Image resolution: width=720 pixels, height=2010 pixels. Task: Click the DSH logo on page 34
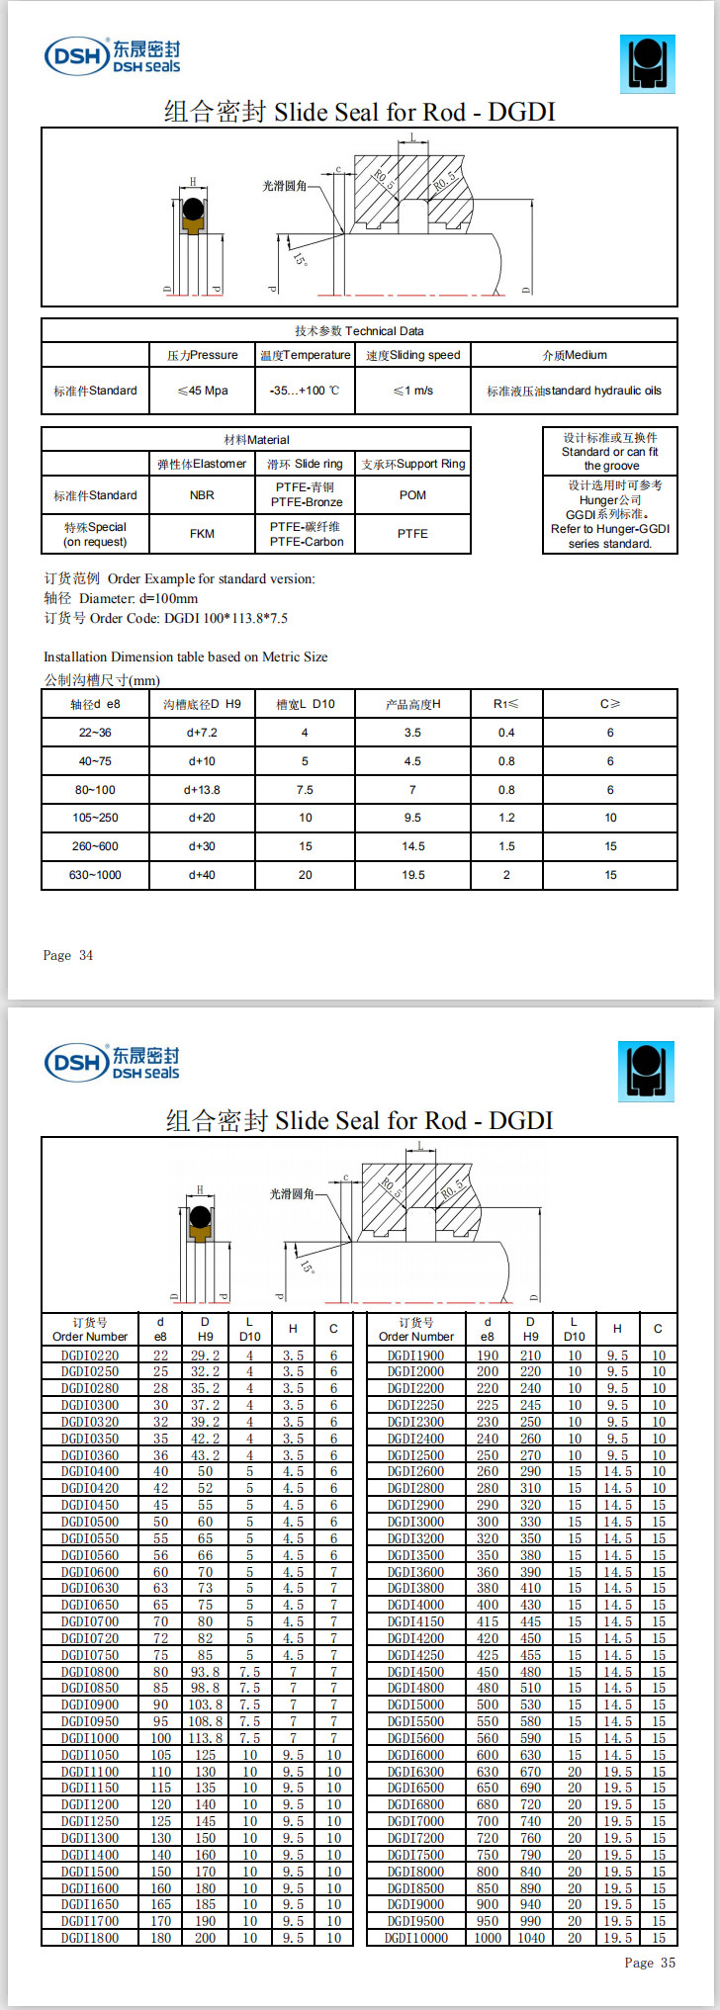click(112, 56)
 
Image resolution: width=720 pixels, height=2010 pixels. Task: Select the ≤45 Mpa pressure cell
click(202, 391)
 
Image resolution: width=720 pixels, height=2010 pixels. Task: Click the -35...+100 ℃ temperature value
click(305, 391)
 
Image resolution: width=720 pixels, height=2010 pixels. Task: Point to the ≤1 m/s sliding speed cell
click(412, 391)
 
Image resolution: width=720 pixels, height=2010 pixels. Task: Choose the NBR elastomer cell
click(202, 495)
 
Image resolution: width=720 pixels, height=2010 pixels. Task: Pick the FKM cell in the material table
click(202, 534)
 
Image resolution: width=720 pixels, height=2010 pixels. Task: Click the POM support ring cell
click(412, 495)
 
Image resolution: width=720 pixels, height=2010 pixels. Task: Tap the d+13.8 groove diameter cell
click(202, 790)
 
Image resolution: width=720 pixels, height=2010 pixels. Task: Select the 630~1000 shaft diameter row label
click(95, 875)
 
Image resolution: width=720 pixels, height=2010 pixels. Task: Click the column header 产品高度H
click(412, 704)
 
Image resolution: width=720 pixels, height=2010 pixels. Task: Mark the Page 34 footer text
click(68, 955)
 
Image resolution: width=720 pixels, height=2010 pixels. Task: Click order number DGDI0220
click(90, 1355)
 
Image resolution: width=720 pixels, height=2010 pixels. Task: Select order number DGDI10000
click(416, 1938)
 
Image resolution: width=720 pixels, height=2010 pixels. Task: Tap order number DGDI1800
click(90, 1938)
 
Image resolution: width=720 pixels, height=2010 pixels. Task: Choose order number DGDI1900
click(416, 1355)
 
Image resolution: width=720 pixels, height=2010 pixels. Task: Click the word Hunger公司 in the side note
click(609, 500)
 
